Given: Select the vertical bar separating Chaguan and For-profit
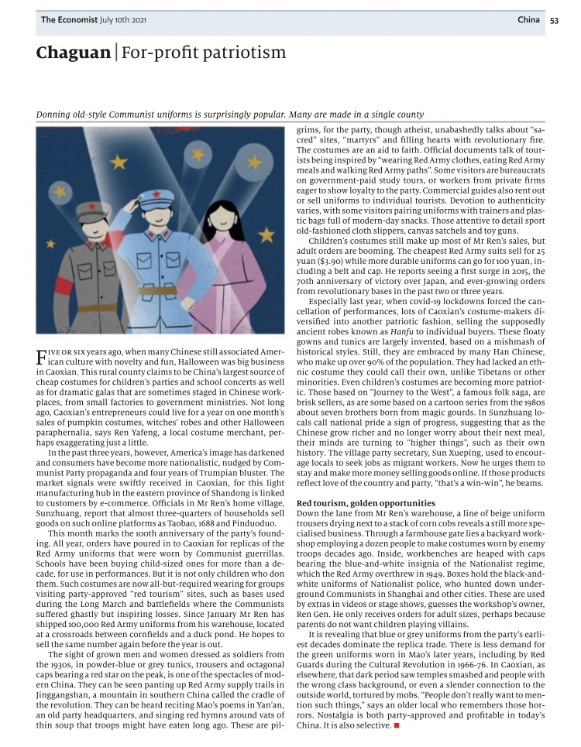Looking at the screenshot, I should tap(116, 53).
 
